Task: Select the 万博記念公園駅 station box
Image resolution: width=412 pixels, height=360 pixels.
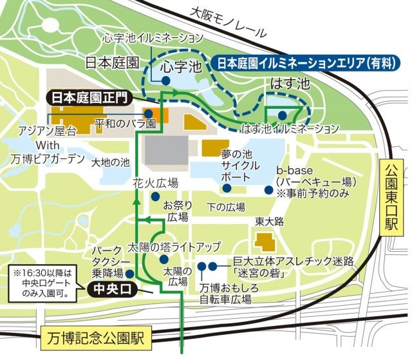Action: point(95,336)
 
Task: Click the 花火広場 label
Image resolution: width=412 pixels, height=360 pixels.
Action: point(155,183)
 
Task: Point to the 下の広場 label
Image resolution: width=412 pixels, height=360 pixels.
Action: point(227,207)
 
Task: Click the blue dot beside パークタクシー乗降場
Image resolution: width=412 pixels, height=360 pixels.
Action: point(129,263)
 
